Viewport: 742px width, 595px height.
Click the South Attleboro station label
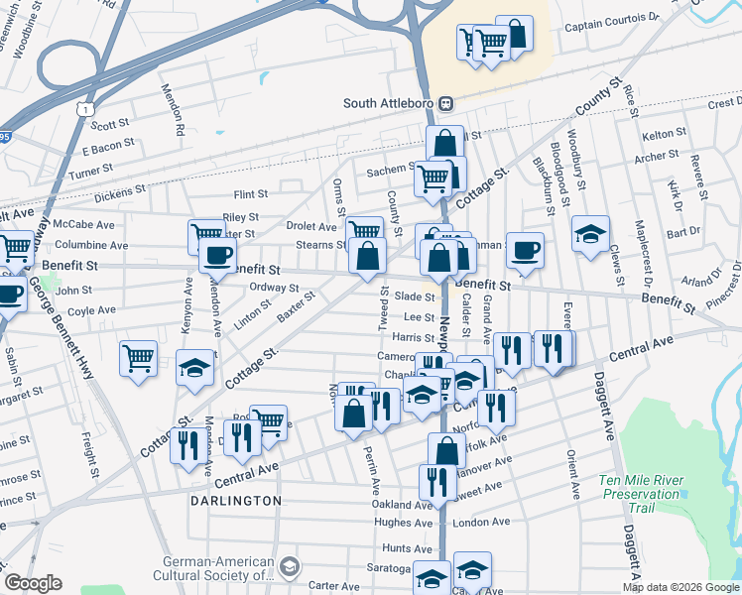[x=390, y=103]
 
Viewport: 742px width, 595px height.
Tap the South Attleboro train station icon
[x=446, y=103]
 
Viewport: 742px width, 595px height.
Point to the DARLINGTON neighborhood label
[x=236, y=501]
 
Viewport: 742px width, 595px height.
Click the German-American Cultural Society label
[x=214, y=567]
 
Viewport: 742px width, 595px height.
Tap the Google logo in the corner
[x=33, y=583]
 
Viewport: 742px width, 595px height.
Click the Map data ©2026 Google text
[x=681, y=587]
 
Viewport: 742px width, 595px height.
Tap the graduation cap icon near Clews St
[x=590, y=234]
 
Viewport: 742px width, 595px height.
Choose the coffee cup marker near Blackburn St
[x=525, y=251]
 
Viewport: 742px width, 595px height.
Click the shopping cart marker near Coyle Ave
[x=138, y=357]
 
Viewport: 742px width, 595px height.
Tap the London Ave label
[x=479, y=523]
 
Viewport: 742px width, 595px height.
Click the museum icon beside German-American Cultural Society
[x=290, y=567]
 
